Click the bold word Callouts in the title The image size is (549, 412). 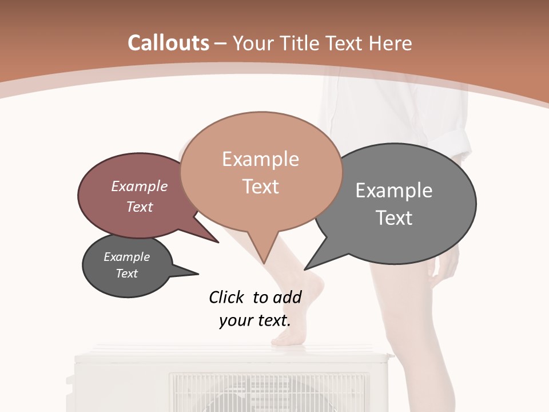168,43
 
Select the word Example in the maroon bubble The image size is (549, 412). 140,186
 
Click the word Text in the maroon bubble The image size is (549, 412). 140,207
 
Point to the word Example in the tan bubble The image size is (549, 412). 260,159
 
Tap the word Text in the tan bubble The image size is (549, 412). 260,187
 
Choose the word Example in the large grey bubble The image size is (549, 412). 394,191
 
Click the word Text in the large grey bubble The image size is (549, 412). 394,218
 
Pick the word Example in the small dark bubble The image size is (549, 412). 126,257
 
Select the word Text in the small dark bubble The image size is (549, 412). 126,274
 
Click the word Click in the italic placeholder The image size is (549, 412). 227,297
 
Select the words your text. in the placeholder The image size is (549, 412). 254,320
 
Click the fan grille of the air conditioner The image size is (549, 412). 269,392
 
